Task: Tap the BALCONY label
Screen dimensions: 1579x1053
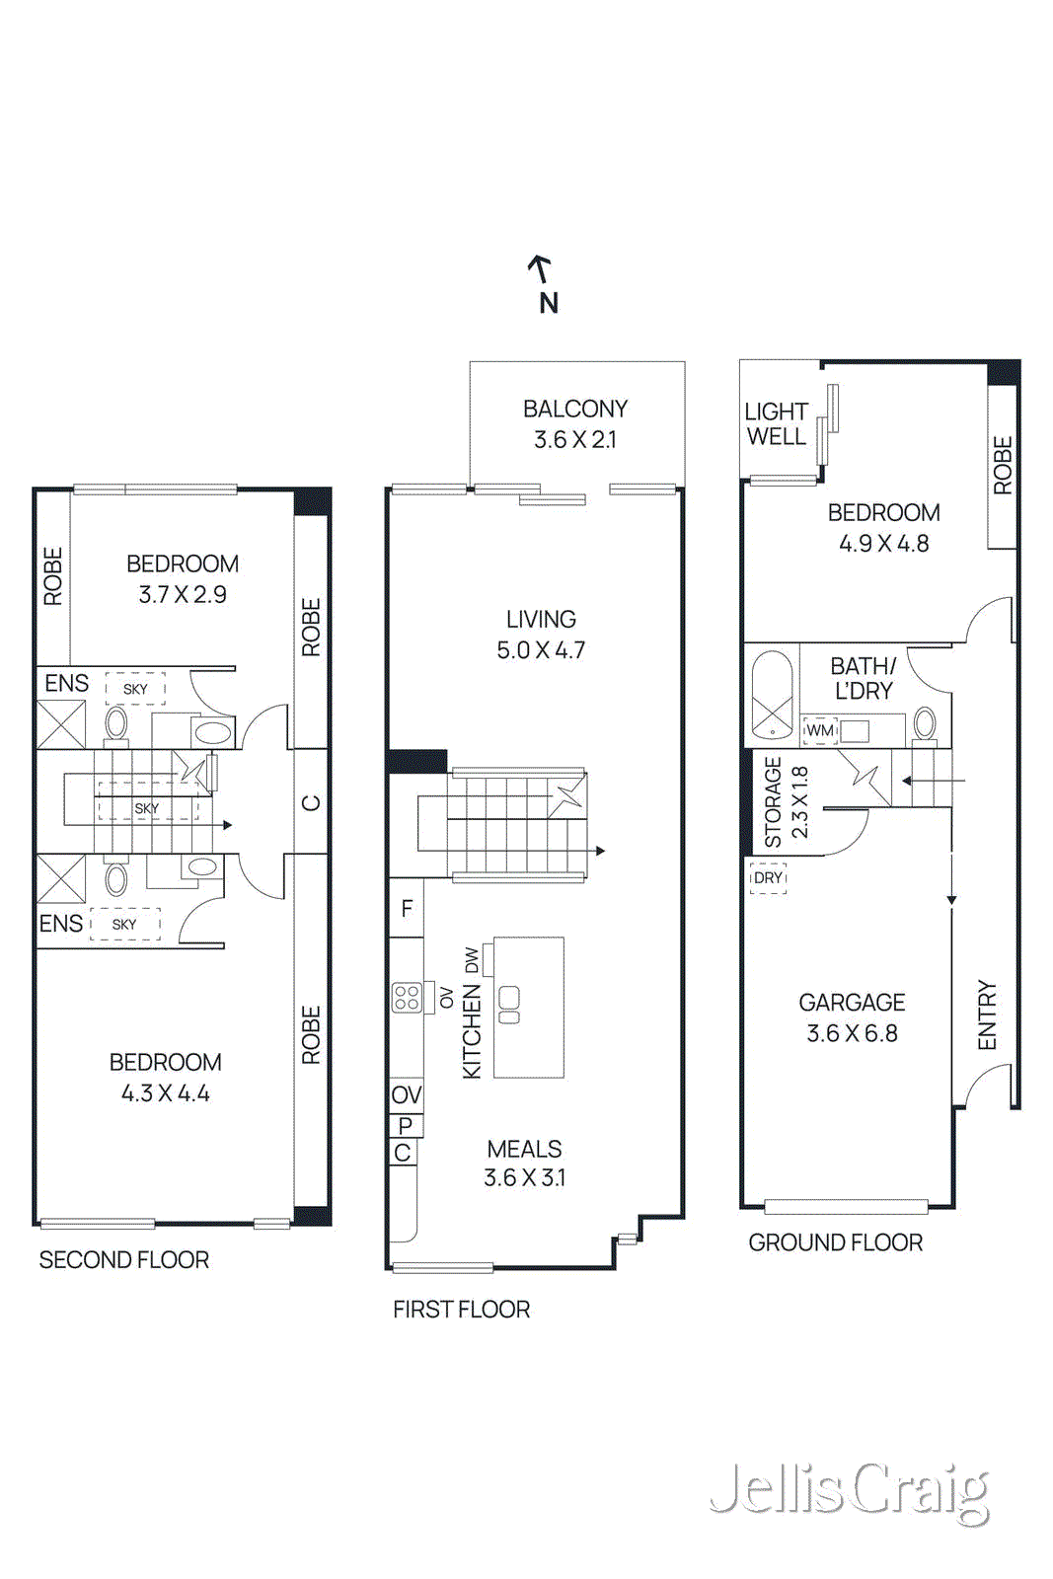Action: point(575,409)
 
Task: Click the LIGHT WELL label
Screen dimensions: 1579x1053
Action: point(776,424)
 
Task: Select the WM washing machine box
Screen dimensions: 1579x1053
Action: point(820,730)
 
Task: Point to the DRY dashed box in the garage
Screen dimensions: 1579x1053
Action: point(768,877)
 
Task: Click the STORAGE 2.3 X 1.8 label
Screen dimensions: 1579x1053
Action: point(786,801)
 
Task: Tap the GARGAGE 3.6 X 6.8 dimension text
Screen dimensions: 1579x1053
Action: point(852,1032)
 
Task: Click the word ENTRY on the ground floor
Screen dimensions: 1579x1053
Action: point(987,1015)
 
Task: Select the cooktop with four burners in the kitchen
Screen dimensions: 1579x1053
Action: point(407,998)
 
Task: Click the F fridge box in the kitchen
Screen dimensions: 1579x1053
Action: point(407,908)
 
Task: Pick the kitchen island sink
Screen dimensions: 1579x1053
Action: point(509,1005)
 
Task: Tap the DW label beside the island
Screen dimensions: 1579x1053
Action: point(472,959)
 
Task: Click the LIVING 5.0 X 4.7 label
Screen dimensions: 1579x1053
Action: point(541,635)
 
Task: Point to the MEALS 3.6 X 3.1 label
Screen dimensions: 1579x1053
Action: point(524,1163)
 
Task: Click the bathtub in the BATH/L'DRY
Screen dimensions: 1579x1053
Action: point(772,694)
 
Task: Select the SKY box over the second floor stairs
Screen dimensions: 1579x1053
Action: point(146,808)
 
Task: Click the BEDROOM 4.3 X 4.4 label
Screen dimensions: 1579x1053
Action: point(165,1077)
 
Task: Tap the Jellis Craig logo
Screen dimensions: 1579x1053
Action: point(849,1491)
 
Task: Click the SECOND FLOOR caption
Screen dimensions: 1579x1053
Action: point(124,1260)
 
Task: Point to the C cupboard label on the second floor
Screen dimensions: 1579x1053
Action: point(311,802)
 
